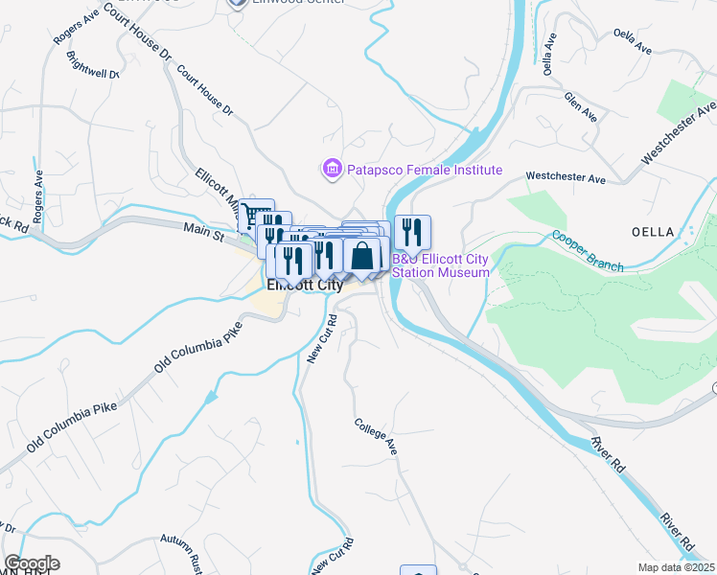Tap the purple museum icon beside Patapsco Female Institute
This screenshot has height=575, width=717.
pos(333,170)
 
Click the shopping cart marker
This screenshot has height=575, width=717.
pos(256,215)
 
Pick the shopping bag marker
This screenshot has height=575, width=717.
pos(362,256)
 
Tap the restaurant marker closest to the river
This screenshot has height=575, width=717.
pos(412,231)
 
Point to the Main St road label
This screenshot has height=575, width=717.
pos(203,228)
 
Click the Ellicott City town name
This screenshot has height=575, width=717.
pos(305,285)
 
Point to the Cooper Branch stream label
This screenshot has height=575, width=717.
pos(587,251)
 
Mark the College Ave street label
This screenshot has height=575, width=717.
pos(375,435)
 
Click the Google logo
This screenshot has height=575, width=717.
pos(32,563)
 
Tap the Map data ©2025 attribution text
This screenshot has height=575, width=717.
pos(675,567)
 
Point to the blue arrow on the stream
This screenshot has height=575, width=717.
pos(210,396)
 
